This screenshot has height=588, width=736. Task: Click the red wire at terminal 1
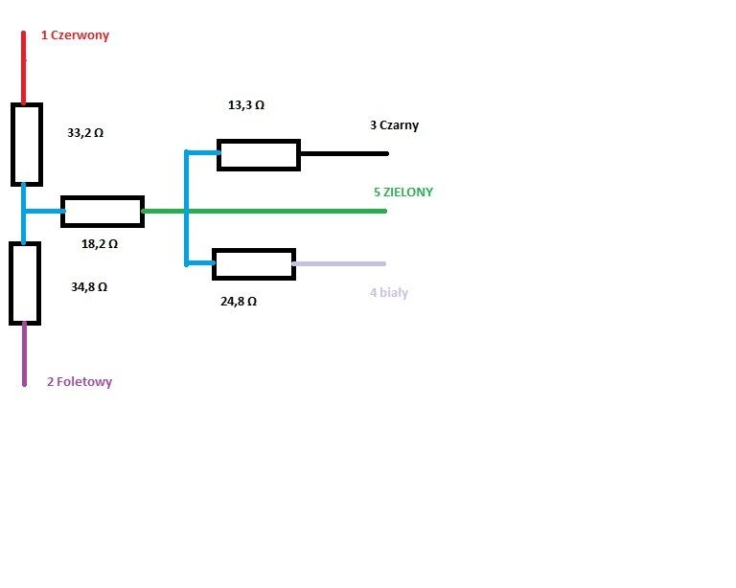[23, 68]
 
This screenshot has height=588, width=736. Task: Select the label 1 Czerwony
[75, 35]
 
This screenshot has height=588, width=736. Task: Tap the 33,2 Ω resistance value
[85, 133]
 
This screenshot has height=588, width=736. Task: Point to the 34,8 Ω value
[89, 286]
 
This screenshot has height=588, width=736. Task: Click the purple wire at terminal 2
[24, 354]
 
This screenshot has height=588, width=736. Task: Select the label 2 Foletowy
[80, 382]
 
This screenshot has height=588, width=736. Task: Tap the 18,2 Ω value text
[100, 244]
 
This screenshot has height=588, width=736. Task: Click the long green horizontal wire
[264, 211]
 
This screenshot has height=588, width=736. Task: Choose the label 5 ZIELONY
[403, 192]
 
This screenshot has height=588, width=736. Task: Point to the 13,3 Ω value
[246, 105]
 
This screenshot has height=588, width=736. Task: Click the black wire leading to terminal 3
[344, 153]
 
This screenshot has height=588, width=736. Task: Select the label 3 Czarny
[394, 125]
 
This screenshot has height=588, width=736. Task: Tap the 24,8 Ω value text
[239, 301]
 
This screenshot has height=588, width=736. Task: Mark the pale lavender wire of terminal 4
[339, 264]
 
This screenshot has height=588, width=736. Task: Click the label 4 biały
[389, 293]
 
